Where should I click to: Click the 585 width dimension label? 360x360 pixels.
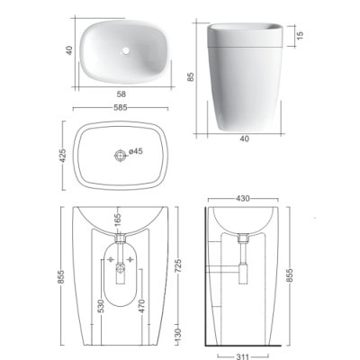(x=121, y=108)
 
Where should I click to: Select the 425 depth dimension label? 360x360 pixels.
(x=63, y=156)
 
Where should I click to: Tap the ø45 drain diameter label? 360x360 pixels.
(x=136, y=151)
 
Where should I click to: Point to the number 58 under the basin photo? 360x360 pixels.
(x=121, y=94)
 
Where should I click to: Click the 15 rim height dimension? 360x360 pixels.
(x=301, y=35)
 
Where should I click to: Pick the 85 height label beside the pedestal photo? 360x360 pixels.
(x=191, y=76)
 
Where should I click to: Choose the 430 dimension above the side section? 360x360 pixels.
(x=243, y=199)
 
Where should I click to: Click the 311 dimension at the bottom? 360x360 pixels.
(x=242, y=356)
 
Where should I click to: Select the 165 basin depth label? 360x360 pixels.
(x=118, y=220)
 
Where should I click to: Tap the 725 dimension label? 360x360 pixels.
(x=178, y=266)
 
